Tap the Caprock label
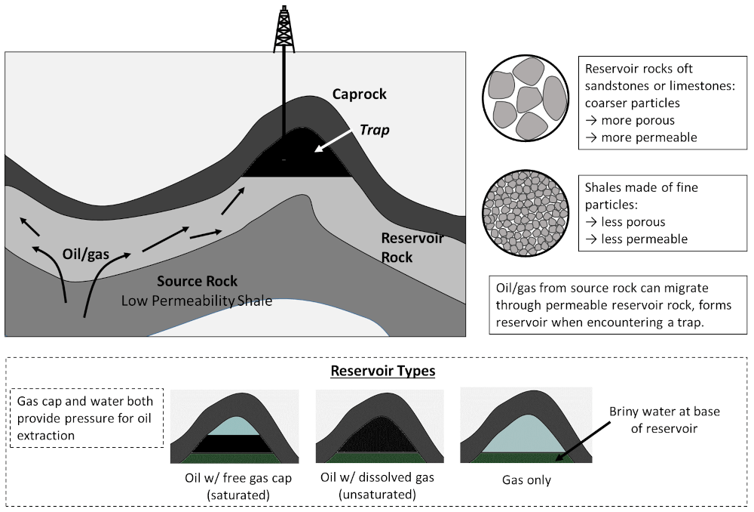click(359, 94)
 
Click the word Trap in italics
click(375, 130)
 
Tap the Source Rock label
click(197, 282)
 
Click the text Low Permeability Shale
click(197, 301)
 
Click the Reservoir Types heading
click(383, 372)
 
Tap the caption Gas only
click(526, 480)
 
